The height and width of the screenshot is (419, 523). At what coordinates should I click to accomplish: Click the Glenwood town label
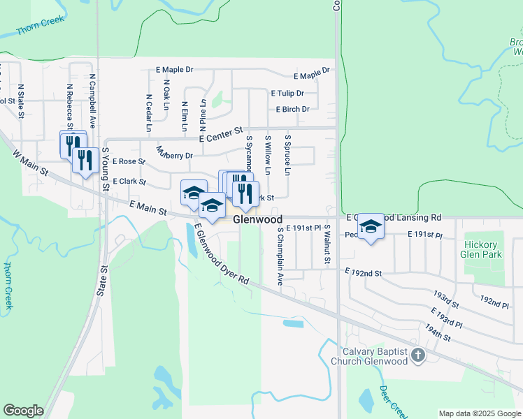click(257, 219)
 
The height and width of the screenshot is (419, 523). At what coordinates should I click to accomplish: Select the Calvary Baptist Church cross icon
click(418, 356)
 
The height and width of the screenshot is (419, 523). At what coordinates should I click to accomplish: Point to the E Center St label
click(220, 135)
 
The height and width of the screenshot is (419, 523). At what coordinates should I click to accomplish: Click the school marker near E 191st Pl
click(371, 226)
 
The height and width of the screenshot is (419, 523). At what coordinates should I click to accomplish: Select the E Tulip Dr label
click(287, 93)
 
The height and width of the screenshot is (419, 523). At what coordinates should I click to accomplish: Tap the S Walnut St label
click(327, 244)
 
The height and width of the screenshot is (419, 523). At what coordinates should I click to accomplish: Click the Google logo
click(23, 411)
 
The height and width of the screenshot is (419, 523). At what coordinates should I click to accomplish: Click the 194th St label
click(436, 333)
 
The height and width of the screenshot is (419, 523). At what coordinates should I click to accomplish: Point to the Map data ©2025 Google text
click(480, 413)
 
